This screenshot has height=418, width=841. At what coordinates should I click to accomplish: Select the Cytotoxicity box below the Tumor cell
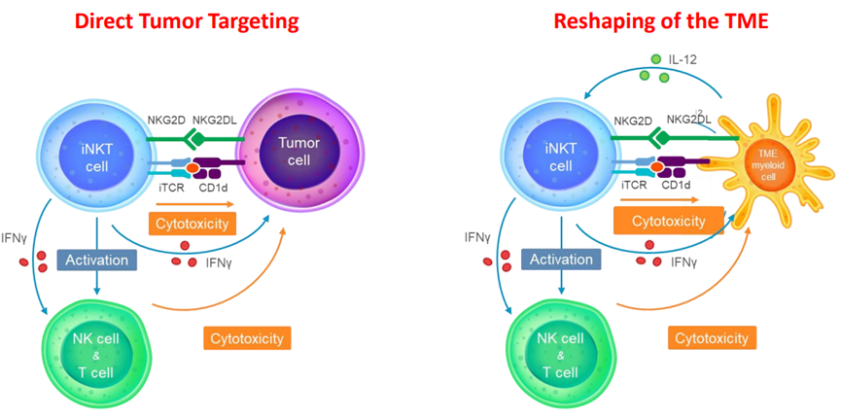[x=193, y=224]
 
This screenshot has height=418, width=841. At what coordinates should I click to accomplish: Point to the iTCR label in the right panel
[x=633, y=187]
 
